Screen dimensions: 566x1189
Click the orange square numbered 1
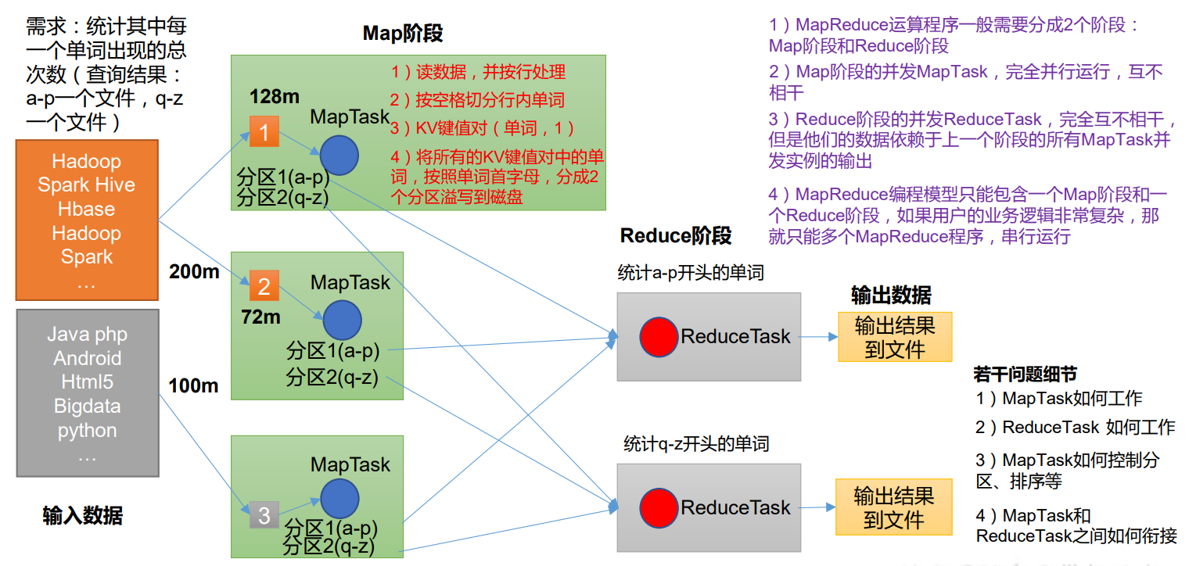(x=264, y=132)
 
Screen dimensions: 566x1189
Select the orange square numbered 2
(x=264, y=286)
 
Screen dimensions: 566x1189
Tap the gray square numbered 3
(x=264, y=515)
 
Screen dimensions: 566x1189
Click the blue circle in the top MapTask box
(x=339, y=154)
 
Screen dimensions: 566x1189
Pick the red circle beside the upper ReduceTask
(x=659, y=337)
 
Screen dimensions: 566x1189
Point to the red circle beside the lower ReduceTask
(x=659, y=508)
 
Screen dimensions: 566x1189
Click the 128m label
(x=275, y=96)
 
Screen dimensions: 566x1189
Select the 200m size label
(x=193, y=271)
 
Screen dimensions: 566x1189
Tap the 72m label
(x=260, y=317)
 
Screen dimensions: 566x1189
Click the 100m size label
(x=193, y=385)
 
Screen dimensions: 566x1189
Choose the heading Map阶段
(x=403, y=33)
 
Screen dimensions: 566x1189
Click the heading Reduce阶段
(x=676, y=235)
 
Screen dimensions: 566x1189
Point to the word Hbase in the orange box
(x=86, y=210)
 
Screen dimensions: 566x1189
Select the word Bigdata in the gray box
(x=86, y=407)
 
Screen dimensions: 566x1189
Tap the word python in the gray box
(x=87, y=431)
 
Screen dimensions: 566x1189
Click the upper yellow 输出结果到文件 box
(x=895, y=337)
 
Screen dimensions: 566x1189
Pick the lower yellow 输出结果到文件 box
(x=894, y=507)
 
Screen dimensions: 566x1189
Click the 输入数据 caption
(x=82, y=516)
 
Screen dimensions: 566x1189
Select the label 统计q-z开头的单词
(x=696, y=444)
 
